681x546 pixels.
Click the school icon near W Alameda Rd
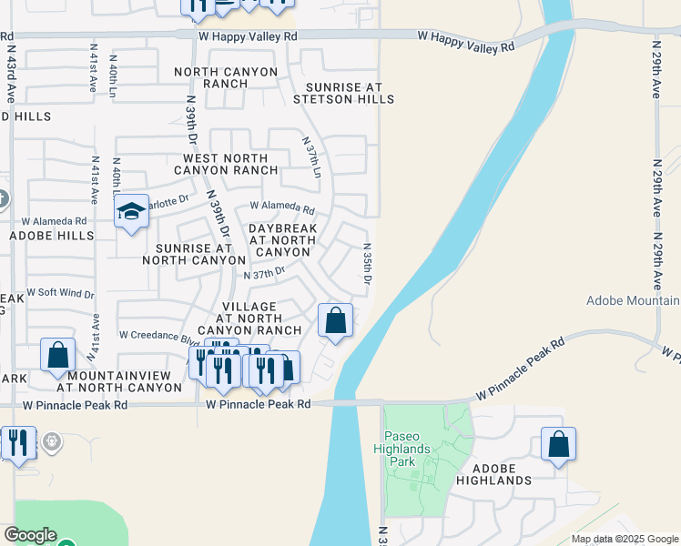131,212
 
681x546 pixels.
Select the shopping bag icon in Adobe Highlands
558,444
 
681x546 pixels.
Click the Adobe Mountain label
633,300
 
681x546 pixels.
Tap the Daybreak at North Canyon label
282,239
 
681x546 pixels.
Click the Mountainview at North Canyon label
125,381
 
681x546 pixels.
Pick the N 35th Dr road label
367,263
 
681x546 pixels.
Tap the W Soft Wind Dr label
60,293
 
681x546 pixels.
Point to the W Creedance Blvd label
154,335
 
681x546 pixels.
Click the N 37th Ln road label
312,156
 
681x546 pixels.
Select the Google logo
29,535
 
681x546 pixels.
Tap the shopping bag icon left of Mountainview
57,355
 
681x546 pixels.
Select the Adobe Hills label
51,236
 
